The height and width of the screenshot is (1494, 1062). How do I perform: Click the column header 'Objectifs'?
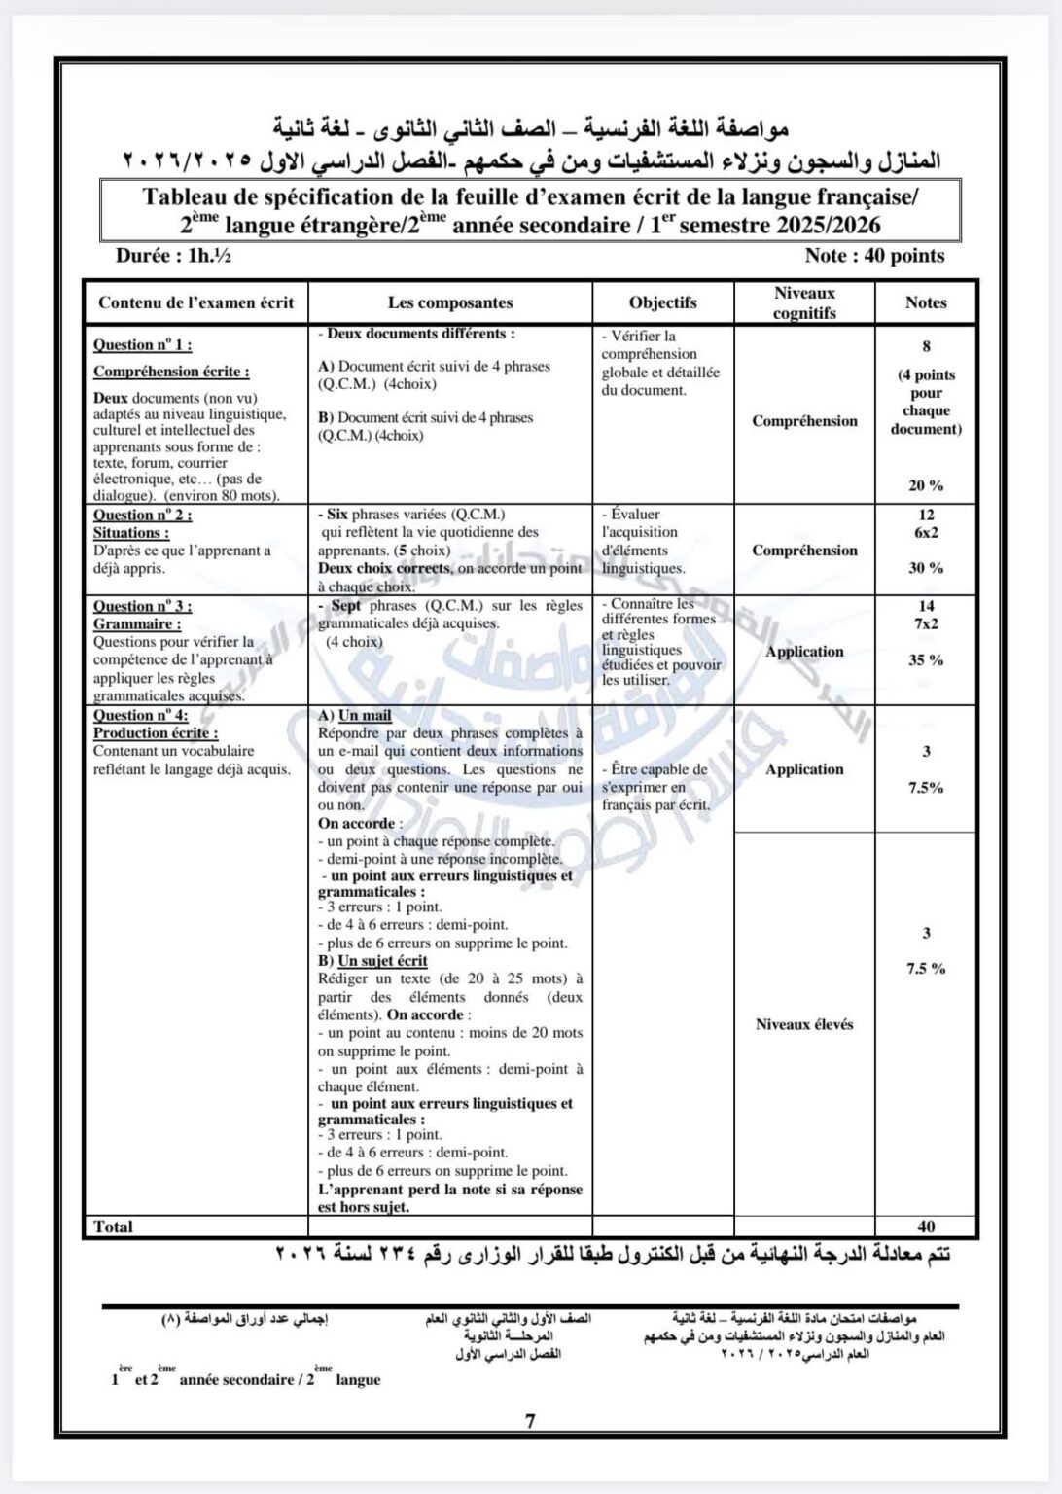(662, 302)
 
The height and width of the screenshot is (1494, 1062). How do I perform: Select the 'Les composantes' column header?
(450, 302)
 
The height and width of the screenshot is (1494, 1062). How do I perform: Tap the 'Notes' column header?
(925, 302)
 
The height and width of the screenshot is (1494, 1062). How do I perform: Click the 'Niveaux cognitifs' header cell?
(804, 302)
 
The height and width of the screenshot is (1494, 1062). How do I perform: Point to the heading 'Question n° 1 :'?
(142, 344)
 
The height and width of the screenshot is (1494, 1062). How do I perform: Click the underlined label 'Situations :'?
(131, 533)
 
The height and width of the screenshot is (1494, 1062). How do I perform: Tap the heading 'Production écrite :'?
(156, 733)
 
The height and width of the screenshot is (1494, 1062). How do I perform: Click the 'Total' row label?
(114, 1227)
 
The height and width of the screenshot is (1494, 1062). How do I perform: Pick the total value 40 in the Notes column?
(926, 1227)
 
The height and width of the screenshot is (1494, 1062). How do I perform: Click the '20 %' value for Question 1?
(926, 485)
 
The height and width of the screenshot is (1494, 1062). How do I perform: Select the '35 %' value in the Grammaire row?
(926, 659)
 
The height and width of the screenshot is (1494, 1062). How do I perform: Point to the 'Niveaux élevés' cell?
(804, 1024)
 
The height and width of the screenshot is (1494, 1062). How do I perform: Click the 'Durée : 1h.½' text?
(173, 256)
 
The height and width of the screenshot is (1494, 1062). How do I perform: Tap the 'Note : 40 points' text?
(874, 256)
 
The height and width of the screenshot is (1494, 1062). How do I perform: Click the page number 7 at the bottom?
(530, 1421)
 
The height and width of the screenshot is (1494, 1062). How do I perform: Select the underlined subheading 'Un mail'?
(365, 716)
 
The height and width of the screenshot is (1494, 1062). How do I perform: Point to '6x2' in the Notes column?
(926, 533)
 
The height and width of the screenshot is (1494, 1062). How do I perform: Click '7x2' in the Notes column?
(926, 624)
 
